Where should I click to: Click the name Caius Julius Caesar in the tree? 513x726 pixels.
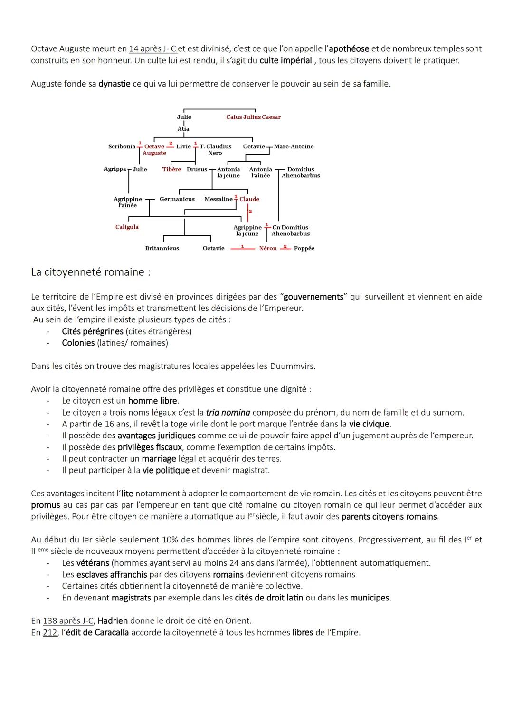(x=253, y=117)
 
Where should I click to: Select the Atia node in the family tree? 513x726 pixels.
(x=183, y=129)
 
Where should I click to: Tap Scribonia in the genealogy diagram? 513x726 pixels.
(x=122, y=146)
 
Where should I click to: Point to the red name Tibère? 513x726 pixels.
(x=171, y=169)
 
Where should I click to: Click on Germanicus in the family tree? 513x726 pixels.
(x=177, y=199)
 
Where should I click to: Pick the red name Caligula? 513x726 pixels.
(x=127, y=227)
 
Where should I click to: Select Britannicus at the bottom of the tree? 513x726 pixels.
(x=162, y=248)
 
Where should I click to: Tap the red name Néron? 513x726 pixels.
(x=267, y=248)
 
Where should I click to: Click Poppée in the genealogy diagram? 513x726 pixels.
(x=304, y=248)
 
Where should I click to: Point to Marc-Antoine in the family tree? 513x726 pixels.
(x=294, y=146)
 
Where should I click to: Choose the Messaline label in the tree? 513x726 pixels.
(x=218, y=199)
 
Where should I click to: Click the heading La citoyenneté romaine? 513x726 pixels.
(x=90, y=272)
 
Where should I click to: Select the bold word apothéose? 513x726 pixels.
(x=349, y=49)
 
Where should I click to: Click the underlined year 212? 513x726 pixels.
(x=50, y=633)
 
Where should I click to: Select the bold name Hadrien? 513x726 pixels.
(x=113, y=621)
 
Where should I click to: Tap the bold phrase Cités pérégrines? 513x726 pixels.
(x=93, y=331)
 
